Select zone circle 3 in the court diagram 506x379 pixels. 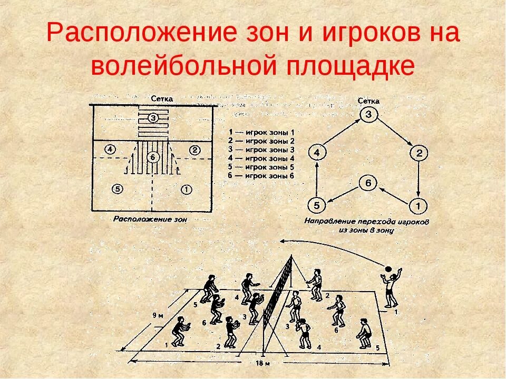tap(152, 117)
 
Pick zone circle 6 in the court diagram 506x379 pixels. tap(152, 156)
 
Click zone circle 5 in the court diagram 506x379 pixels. tap(118, 188)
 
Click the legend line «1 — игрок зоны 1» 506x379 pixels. tap(262, 132)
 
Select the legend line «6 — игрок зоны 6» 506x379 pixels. tap(262, 176)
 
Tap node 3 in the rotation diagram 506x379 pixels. tap(369, 114)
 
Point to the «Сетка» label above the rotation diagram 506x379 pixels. tap(368, 101)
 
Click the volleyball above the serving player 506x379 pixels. tap(388, 269)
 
